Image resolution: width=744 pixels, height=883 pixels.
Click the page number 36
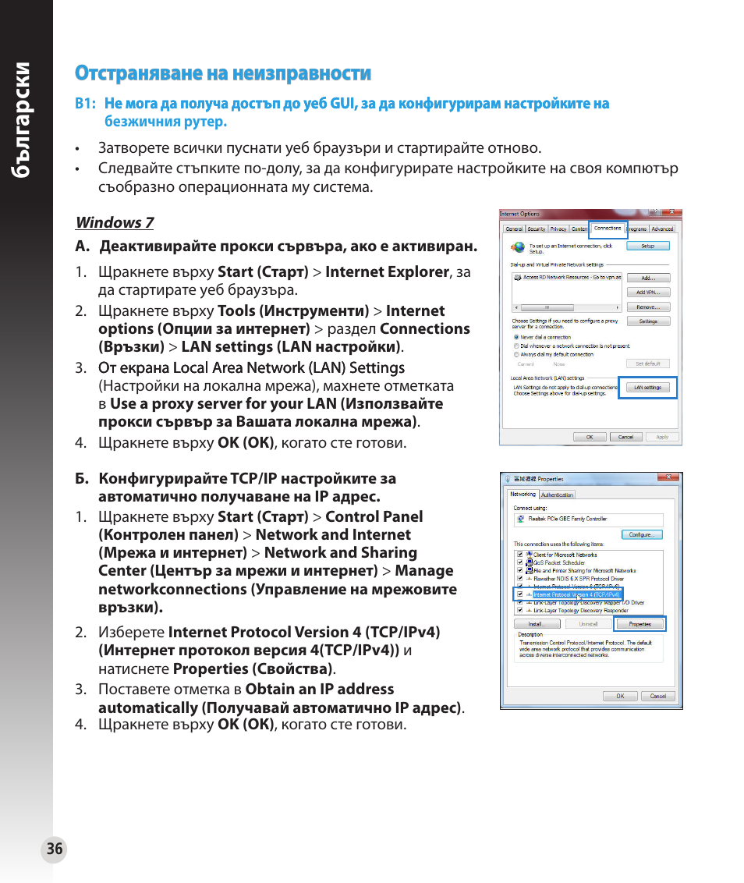(x=54, y=849)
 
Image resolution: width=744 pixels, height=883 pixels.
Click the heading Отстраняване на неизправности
(x=223, y=73)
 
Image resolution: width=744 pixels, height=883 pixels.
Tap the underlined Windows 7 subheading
(x=115, y=222)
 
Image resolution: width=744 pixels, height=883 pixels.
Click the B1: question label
(x=85, y=104)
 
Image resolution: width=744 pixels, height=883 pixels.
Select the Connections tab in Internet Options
(x=608, y=229)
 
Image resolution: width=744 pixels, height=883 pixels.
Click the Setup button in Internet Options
(x=647, y=246)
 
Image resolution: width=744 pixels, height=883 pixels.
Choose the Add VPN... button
(x=647, y=293)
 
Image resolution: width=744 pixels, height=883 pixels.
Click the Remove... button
(x=647, y=307)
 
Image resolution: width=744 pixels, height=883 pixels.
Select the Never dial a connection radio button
(x=516, y=338)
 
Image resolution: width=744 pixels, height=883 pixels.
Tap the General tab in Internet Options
(x=514, y=229)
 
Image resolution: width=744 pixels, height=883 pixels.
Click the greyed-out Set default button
(x=647, y=363)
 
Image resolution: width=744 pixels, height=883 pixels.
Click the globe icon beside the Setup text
(x=518, y=247)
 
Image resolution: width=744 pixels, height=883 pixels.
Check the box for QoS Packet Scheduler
(x=520, y=562)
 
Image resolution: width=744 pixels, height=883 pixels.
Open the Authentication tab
(x=557, y=495)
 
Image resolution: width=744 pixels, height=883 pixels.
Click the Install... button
(x=535, y=624)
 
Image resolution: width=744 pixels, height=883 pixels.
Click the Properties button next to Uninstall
(x=639, y=624)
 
